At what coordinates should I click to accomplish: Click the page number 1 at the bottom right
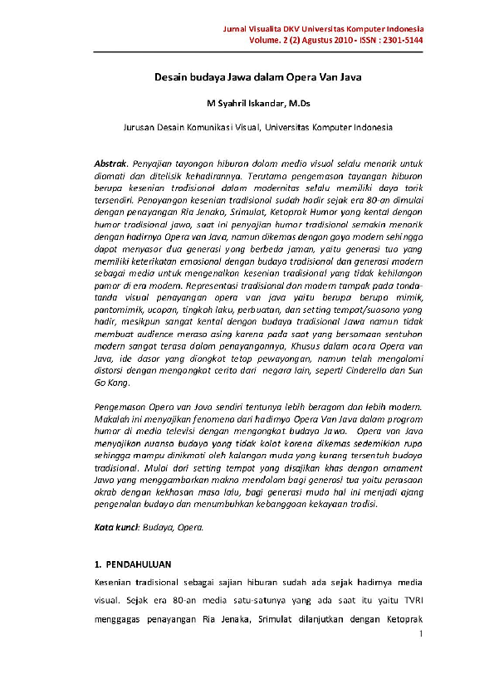click(422, 635)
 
